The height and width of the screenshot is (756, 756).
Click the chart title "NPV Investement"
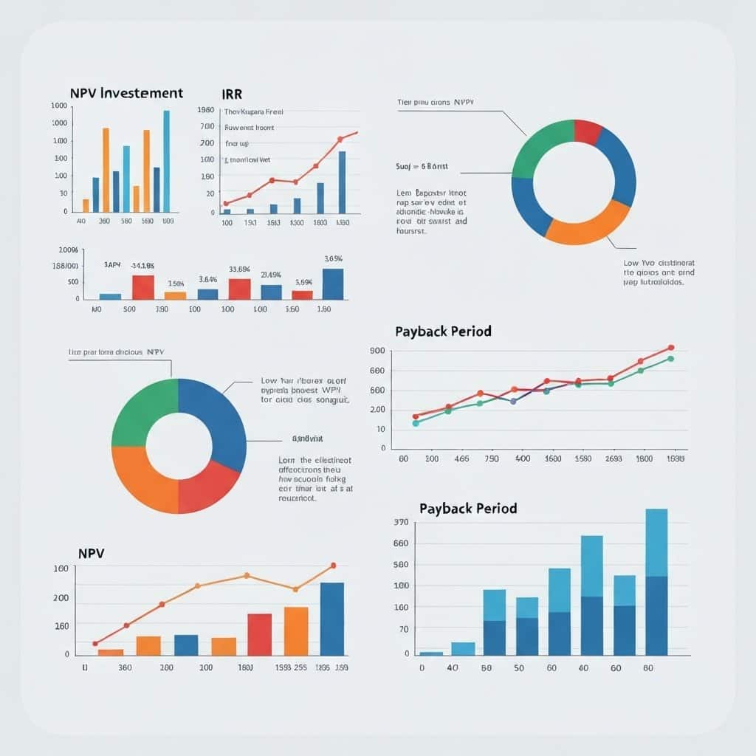coord(126,94)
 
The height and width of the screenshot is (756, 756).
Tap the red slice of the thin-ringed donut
coord(587,131)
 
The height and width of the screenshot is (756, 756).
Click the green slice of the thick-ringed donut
coord(142,410)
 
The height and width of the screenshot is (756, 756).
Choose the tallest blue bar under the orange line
coord(332,619)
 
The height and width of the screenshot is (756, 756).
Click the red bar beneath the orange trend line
coord(259,634)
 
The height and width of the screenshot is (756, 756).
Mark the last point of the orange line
coord(333,566)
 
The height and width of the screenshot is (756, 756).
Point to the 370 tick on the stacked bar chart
coord(402,523)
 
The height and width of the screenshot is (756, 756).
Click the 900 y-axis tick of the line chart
coord(377,351)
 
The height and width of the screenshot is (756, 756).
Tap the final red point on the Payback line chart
coord(671,347)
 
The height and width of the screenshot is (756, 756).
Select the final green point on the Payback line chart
coord(670,359)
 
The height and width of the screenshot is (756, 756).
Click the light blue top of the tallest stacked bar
coord(656,542)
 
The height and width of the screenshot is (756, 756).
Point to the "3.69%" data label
coord(333,258)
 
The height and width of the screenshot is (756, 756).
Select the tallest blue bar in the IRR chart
coord(342,182)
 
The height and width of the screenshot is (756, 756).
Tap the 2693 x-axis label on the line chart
coord(613,458)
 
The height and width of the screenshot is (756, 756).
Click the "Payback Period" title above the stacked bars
coord(468,509)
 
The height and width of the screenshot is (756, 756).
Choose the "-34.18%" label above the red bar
coord(142,265)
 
